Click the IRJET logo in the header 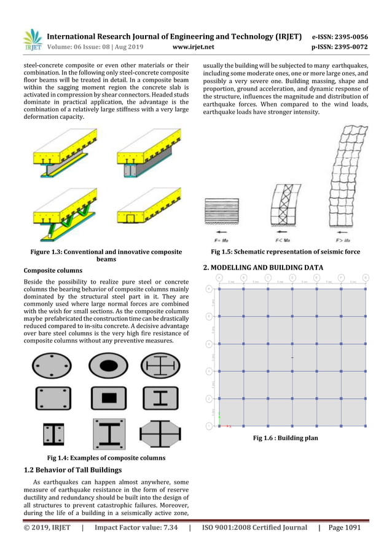point(33,38)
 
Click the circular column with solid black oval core point(108,367)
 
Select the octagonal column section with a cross point(160,434)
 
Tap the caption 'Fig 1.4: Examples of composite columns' point(106,457)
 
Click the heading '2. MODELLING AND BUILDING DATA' point(263,268)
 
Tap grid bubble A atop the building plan point(219,277)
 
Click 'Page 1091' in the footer point(344,527)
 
